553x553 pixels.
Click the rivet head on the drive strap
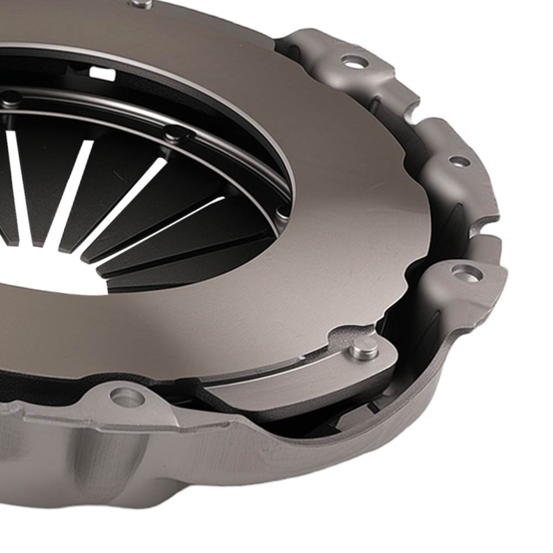(x=364, y=347)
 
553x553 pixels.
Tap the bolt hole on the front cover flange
(x=127, y=397)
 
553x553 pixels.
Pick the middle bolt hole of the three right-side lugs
(x=459, y=161)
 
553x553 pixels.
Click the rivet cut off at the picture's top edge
(x=141, y=4)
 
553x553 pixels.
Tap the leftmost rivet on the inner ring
(x=11, y=98)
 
